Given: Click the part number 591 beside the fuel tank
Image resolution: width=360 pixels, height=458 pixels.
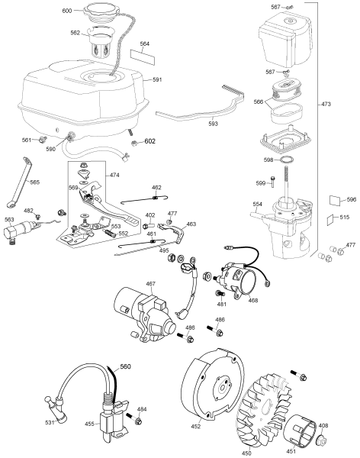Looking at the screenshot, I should pyautogui.click(x=158, y=79).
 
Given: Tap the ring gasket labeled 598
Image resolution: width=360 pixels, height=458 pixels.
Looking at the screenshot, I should pyautogui.click(x=288, y=161).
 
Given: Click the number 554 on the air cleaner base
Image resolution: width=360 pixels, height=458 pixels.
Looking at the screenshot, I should pyautogui.click(x=258, y=204).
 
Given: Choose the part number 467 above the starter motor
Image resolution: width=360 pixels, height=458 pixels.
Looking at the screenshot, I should pyautogui.click(x=150, y=284).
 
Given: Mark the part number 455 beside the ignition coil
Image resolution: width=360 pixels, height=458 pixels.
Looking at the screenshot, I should pyautogui.click(x=89, y=424).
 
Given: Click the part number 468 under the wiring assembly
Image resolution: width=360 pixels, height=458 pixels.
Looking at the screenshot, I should pyautogui.click(x=252, y=301).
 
